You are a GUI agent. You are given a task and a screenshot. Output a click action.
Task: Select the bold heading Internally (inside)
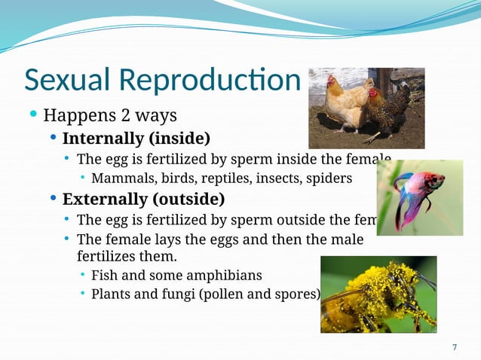click(136, 139)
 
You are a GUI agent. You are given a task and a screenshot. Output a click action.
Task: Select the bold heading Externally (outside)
click(143, 200)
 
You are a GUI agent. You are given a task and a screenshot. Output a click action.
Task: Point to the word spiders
click(329, 178)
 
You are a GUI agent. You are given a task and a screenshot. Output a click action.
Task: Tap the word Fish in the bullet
click(104, 276)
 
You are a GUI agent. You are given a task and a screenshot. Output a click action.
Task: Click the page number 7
click(454, 346)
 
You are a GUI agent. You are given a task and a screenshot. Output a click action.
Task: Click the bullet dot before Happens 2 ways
click(33, 115)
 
